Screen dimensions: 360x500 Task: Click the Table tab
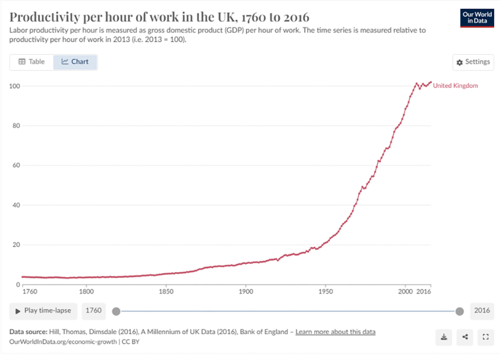pyautogui.click(x=32, y=62)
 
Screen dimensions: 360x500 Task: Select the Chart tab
pyautogui.click(x=75, y=62)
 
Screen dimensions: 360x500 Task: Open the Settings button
pyautogui.click(x=473, y=62)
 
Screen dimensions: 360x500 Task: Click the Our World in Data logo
pyautogui.click(x=477, y=18)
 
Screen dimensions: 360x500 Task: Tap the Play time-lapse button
pyautogui.click(x=43, y=311)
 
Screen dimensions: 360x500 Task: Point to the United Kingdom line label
pyautogui.click(x=455, y=86)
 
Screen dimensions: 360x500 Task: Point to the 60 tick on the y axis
pyautogui.click(x=15, y=165)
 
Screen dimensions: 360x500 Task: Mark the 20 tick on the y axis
pyautogui.click(x=15, y=245)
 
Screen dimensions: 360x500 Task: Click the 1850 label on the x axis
pyautogui.click(x=166, y=293)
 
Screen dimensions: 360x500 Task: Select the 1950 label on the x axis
pyautogui.click(x=325, y=293)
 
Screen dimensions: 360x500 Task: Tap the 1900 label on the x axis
pyautogui.click(x=246, y=293)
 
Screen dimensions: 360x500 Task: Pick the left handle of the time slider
pyautogui.click(x=116, y=311)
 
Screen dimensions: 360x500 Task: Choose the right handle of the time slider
pyautogui.click(x=459, y=311)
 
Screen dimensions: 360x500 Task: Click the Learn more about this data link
pyautogui.click(x=335, y=332)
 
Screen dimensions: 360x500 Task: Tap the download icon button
pyautogui.click(x=444, y=337)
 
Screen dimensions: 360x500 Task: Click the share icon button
pyautogui.click(x=465, y=337)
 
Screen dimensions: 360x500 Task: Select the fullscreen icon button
pyautogui.click(x=485, y=337)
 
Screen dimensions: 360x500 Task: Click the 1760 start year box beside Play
pyautogui.click(x=93, y=311)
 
